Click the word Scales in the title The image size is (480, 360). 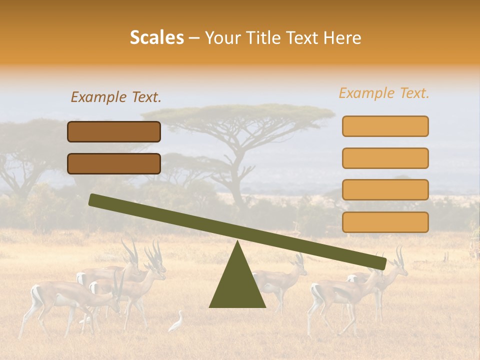[x=156, y=38]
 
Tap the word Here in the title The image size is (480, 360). [x=342, y=38]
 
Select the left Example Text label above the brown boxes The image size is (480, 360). [x=116, y=97]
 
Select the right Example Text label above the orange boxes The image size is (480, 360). [x=384, y=93]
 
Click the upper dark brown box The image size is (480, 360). [x=114, y=131]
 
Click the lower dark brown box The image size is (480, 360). [x=114, y=163]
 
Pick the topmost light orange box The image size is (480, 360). [x=385, y=126]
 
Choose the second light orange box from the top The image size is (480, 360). [x=385, y=158]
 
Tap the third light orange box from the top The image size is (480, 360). [x=385, y=189]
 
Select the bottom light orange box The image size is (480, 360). [x=385, y=222]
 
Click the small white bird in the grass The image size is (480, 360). [x=176, y=322]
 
